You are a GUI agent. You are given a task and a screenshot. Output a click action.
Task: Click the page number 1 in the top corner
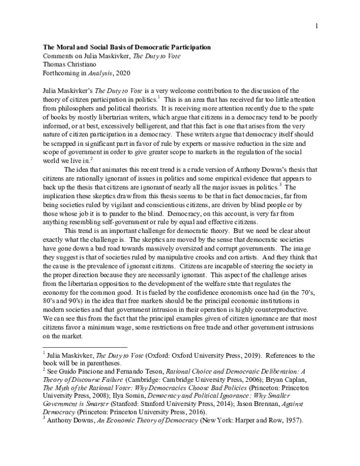316,26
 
